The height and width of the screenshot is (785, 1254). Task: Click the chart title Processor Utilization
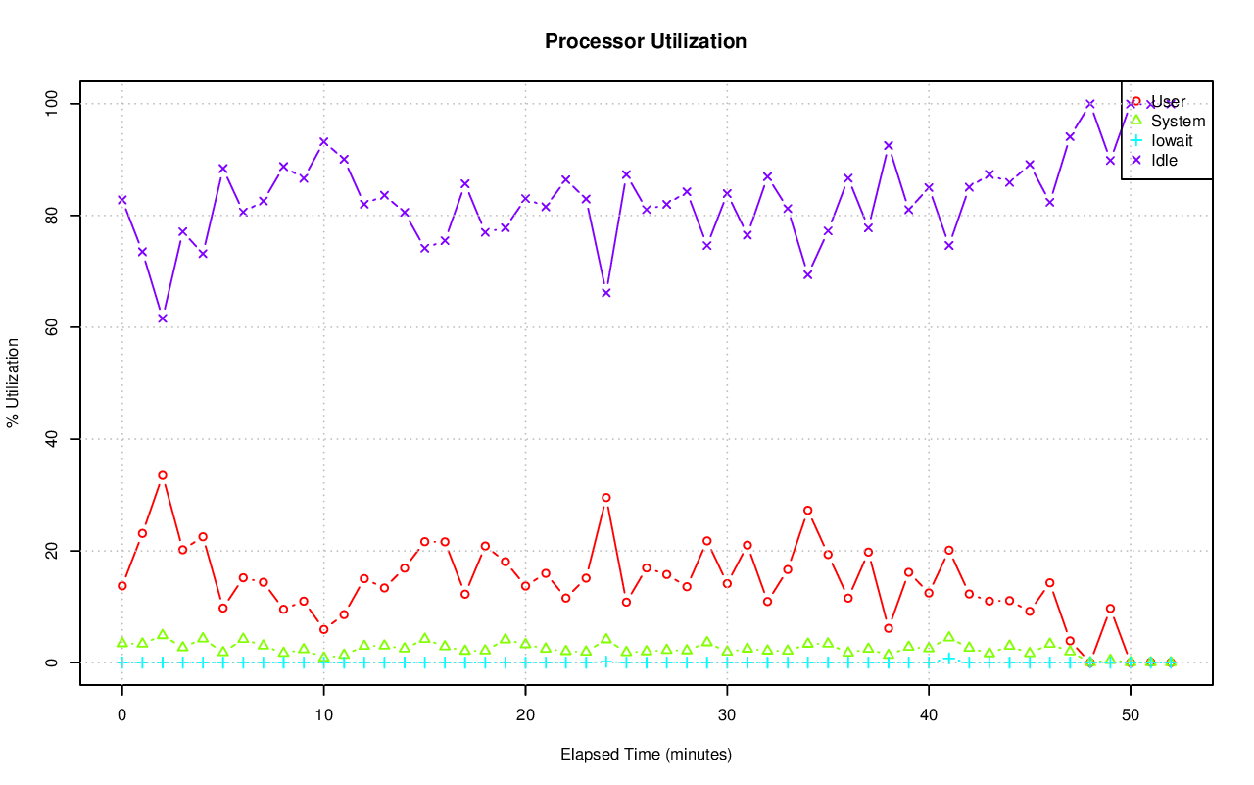coord(646,41)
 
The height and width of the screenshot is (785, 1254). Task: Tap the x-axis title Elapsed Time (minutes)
coord(646,755)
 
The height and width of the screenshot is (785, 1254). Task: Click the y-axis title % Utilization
coord(13,382)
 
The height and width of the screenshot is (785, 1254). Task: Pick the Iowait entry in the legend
coord(1172,140)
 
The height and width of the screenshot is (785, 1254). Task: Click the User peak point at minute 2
coord(163,475)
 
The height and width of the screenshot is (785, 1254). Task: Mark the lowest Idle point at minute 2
coord(163,319)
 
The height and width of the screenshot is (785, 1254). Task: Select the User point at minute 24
coord(606,498)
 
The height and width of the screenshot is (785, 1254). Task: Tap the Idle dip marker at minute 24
coord(606,293)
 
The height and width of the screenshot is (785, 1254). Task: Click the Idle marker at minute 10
coord(324,142)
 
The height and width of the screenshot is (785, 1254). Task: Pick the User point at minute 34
coord(808,511)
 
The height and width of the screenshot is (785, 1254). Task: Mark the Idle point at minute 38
coord(889,146)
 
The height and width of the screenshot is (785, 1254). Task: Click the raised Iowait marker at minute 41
coord(949,658)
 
